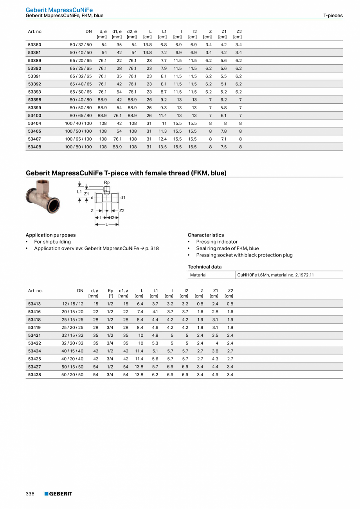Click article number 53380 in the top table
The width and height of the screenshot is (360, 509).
[34, 45]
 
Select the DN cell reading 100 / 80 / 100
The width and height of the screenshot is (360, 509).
[78, 147]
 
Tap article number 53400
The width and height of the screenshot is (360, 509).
[34, 116]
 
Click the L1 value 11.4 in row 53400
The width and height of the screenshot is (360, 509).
[162, 116]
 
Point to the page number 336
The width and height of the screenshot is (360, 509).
[30, 493]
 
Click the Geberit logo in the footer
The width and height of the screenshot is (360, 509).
[58, 493]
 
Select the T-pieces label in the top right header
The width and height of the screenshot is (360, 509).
[333, 16]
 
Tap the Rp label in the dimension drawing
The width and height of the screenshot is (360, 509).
[106, 182]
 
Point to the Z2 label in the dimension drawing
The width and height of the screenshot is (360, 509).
[122, 211]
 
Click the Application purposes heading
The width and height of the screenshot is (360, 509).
[50, 235]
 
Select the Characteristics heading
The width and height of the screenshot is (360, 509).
[205, 235]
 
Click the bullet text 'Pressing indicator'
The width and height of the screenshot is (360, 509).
[216, 242]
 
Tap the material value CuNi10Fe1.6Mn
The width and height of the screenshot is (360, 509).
[275, 275]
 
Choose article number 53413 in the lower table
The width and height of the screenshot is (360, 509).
[34, 303]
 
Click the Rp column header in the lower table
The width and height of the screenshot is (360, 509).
[110, 291]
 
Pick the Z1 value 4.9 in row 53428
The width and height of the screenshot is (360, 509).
[215, 374]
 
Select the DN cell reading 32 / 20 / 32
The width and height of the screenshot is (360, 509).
[72, 343]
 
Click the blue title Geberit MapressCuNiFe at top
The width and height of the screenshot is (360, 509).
[59, 10]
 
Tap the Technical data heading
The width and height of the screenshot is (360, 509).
[204, 267]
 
